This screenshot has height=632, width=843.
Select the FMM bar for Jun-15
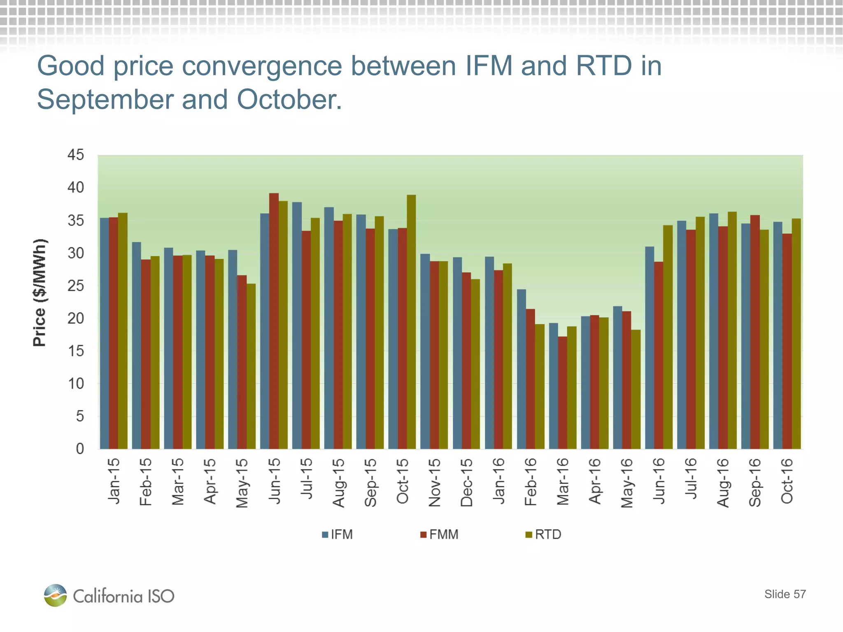point(274,321)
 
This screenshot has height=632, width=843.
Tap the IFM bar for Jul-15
point(297,325)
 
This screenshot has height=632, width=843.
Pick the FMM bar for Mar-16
point(562,393)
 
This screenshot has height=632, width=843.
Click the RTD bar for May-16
point(636,389)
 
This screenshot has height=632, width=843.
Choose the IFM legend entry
point(338,534)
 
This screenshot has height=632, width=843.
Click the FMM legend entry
point(439,534)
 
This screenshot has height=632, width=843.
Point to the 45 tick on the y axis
point(76,155)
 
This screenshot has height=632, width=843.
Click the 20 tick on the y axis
point(76,318)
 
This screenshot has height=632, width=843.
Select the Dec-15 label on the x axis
point(466,482)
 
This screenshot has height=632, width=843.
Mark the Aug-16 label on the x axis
point(723,483)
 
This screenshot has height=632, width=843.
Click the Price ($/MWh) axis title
point(40,292)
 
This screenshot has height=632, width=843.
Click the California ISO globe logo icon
point(56,595)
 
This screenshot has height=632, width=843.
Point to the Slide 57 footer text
point(785,594)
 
